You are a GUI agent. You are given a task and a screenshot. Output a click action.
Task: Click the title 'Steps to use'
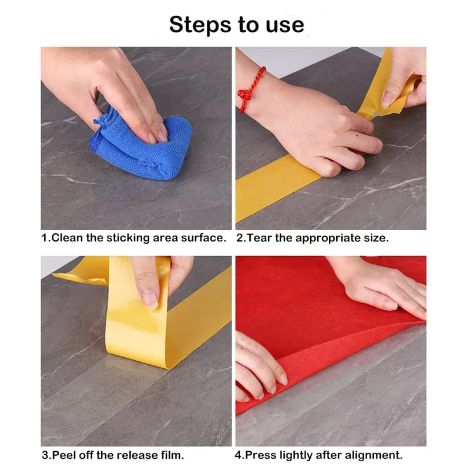(x=237, y=25)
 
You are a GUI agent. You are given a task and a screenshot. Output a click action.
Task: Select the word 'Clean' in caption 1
(x=66, y=238)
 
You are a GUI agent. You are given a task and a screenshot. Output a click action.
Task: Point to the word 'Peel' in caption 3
(x=64, y=454)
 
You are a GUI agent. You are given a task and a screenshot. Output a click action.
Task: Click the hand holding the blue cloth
(x=117, y=88)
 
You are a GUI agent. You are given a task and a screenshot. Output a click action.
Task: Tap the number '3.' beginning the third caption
(x=46, y=454)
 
